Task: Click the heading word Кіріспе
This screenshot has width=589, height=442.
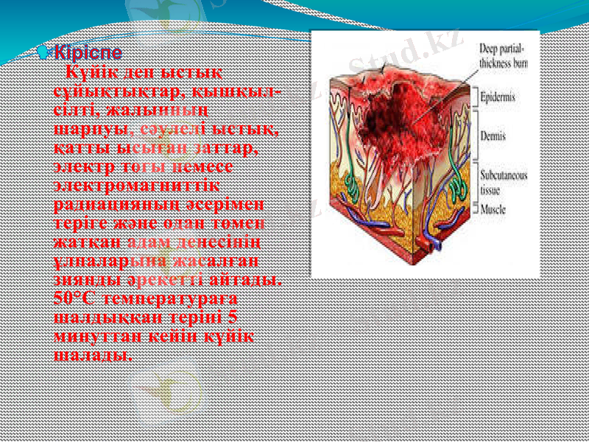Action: click(88, 54)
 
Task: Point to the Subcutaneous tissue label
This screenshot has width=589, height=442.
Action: click(504, 182)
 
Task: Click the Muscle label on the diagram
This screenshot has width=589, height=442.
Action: click(493, 209)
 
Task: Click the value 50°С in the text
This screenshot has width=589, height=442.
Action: click(76, 299)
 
